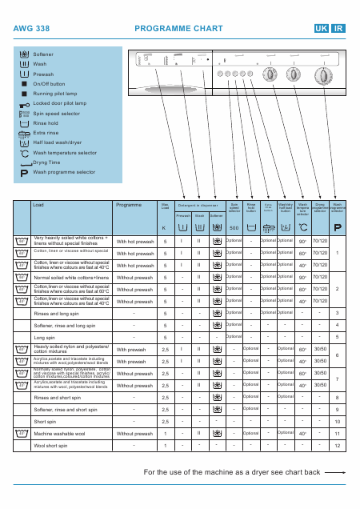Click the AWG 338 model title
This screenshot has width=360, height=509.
[31, 28]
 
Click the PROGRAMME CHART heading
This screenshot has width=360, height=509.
[167, 28]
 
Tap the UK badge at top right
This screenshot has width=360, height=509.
[322, 28]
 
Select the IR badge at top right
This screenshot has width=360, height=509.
[338, 28]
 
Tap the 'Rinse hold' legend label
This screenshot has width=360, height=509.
[45, 123]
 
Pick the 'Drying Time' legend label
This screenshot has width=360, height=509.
[47, 162]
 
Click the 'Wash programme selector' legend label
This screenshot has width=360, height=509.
[63, 172]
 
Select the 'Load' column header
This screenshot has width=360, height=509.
[38, 205]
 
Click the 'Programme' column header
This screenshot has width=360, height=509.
[129, 205]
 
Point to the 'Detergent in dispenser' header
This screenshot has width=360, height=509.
[199, 206]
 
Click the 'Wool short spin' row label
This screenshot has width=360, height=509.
[50, 445]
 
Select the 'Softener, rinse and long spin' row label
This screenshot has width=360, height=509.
[65, 325]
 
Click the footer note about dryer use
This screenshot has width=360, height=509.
[232, 473]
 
